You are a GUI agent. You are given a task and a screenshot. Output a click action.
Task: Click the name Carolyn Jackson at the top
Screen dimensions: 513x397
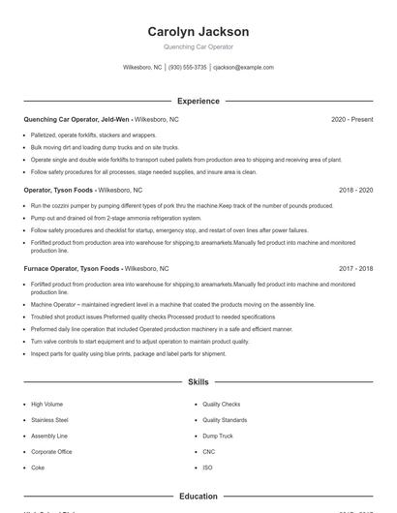[x=198, y=32]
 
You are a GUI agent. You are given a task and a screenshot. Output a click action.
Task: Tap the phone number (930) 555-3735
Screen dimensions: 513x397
[x=188, y=68]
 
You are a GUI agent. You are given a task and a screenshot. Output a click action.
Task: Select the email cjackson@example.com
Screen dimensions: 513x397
[x=243, y=68]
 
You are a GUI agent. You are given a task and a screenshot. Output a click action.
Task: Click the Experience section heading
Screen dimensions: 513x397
[x=198, y=101]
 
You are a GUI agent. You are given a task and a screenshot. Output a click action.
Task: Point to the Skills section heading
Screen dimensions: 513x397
[x=198, y=382]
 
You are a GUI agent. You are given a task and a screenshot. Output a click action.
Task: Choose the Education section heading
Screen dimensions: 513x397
[x=198, y=497]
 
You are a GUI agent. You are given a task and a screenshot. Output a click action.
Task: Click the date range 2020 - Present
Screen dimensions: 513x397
[x=351, y=119]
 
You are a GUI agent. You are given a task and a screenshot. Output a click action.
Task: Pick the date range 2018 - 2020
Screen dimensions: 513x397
[x=355, y=191]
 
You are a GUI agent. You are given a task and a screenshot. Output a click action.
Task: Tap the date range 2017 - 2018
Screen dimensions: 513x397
[x=355, y=268]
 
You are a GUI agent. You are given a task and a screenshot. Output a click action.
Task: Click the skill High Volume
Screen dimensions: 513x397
[x=46, y=404]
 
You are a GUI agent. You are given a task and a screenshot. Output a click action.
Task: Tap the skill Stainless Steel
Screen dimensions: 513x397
[x=49, y=420]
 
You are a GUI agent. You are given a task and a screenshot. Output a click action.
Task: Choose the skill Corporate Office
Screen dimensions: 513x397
[x=51, y=452]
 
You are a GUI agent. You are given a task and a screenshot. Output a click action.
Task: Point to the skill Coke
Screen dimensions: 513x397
[x=38, y=468]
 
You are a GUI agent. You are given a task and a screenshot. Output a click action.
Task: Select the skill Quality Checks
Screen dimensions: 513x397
[x=222, y=404]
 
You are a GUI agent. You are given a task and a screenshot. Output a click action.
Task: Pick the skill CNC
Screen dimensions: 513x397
[x=209, y=452]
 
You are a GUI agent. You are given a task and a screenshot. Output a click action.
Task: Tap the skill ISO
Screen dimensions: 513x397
[x=207, y=468]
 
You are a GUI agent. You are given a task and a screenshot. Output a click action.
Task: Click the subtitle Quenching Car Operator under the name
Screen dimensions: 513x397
[x=198, y=46]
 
